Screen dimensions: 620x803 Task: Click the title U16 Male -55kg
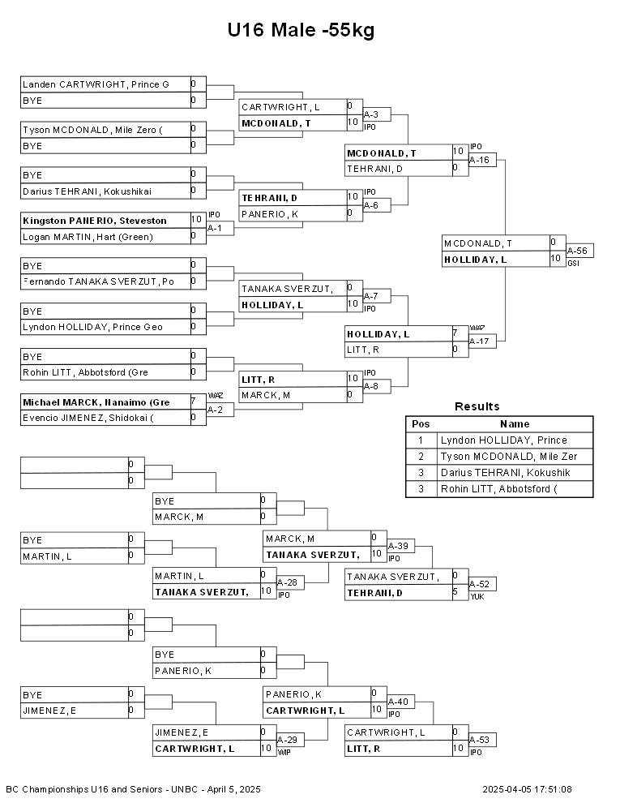pyautogui.click(x=301, y=30)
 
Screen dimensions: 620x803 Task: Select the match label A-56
pyautogui.click(x=577, y=251)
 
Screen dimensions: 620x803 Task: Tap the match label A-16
pyautogui.click(x=479, y=160)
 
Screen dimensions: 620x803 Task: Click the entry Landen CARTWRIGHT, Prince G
pyautogui.click(x=96, y=84)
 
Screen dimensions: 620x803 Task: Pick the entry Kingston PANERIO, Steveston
pyautogui.click(x=95, y=221)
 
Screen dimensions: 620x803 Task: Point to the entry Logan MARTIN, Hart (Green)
pyautogui.click(x=88, y=237)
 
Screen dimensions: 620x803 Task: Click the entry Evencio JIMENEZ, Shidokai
pyautogui.click(x=88, y=418)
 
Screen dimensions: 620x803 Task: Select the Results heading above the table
pyautogui.click(x=477, y=406)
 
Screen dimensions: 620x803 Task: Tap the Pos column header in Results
pyautogui.click(x=421, y=424)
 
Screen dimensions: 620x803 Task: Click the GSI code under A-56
pyautogui.click(x=573, y=264)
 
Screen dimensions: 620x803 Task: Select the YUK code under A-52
pyautogui.click(x=477, y=597)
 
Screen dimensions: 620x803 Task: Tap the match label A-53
pyautogui.click(x=479, y=740)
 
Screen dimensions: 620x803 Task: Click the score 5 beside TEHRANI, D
pyautogui.click(x=455, y=591)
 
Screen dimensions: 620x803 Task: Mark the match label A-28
pyautogui.click(x=287, y=583)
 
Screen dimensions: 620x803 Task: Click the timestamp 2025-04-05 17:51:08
pyautogui.click(x=527, y=789)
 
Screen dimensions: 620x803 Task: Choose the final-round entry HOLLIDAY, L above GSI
pyautogui.click(x=475, y=260)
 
